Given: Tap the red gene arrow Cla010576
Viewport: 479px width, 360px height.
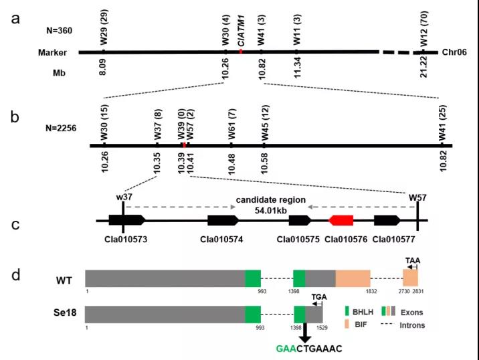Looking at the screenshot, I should click(x=341, y=220).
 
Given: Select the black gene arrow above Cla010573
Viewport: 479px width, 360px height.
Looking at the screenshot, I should click(x=124, y=220).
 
